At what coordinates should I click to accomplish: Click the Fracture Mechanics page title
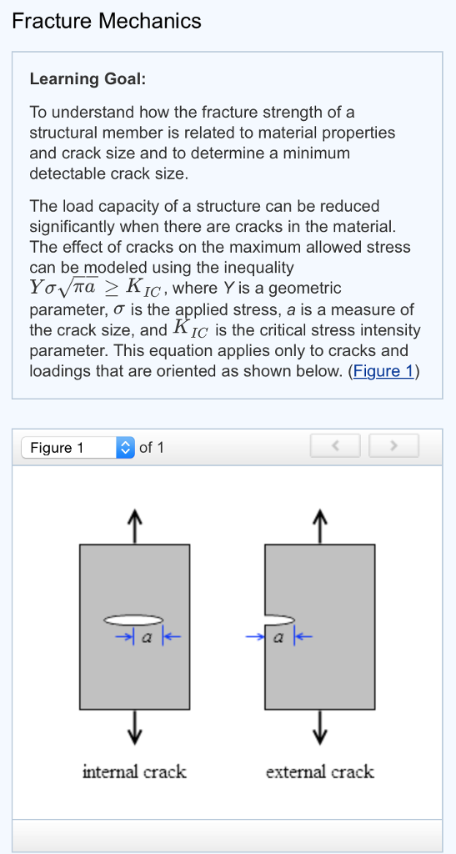click(107, 21)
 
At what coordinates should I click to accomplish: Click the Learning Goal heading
click(88, 79)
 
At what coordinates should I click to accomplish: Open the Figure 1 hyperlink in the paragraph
click(383, 371)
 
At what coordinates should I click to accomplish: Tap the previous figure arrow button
click(335, 447)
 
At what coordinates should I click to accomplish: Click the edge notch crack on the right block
click(279, 619)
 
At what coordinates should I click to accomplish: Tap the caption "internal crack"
click(134, 772)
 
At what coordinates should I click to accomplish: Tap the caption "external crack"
click(319, 772)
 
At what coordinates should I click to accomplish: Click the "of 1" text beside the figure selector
click(152, 448)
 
